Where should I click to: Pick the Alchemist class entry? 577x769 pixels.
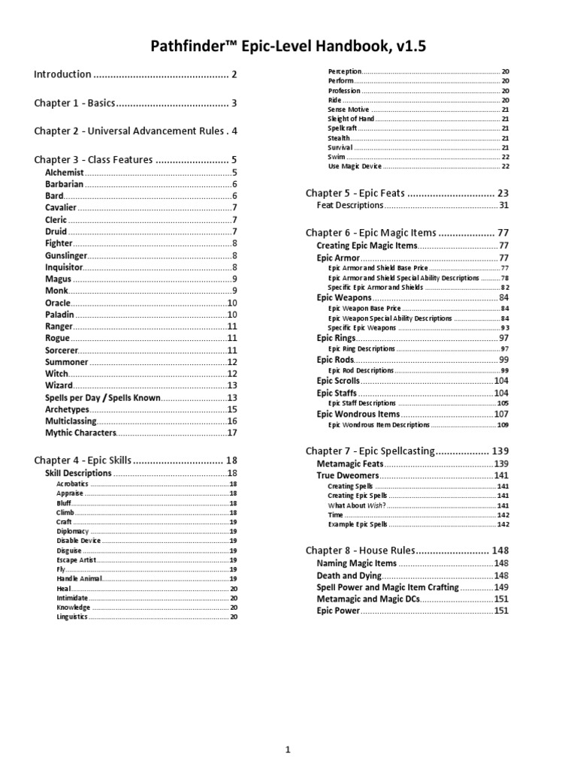[x=65, y=172]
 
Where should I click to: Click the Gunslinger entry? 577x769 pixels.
[x=67, y=255]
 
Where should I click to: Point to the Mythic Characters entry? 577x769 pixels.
[x=80, y=433]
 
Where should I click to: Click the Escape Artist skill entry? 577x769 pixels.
[x=74, y=559]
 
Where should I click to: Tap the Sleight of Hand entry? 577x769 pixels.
[x=351, y=119]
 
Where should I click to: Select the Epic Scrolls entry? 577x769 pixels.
[x=338, y=381]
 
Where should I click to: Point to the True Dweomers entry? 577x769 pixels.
[x=347, y=475]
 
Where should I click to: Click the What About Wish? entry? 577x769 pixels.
[x=356, y=505]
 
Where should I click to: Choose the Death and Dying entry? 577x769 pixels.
[x=349, y=575]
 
